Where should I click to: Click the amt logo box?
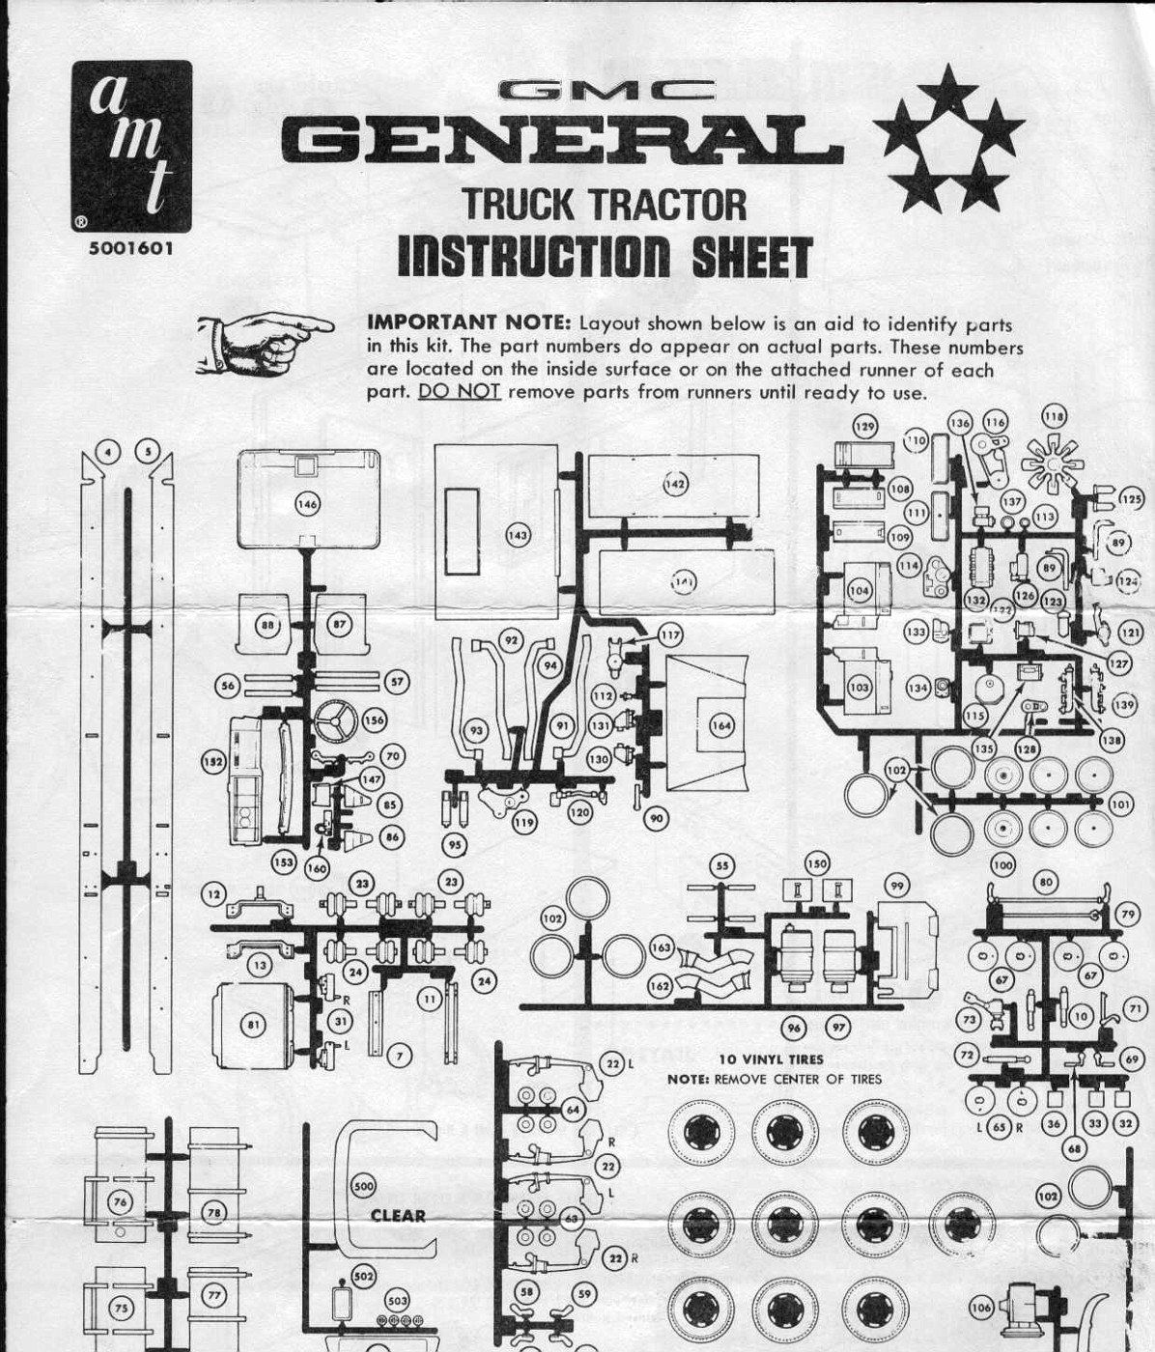point(131,147)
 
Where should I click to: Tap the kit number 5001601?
point(131,248)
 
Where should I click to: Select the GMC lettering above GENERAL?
point(607,92)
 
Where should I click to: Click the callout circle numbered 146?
point(307,503)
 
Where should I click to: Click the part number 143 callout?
point(519,534)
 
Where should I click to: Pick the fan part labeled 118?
point(1052,462)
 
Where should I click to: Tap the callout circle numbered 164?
point(720,725)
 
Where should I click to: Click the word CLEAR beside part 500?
point(398,1216)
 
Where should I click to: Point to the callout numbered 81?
point(253,1025)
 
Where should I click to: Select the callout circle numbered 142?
point(675,484)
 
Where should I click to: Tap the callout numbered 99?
point(898,887)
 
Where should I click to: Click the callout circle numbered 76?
point(121,1201)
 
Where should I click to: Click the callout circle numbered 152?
point(212,763)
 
